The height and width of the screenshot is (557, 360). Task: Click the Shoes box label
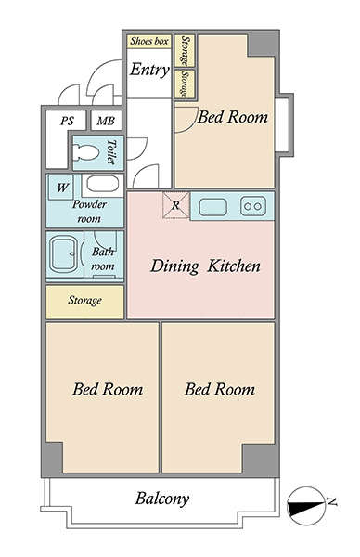click(x=149, y=41)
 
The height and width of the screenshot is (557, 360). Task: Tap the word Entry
click(x=149, y=70)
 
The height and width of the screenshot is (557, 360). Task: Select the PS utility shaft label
click(x=67, y=121)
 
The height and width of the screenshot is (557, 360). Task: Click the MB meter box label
click(x=106, y=121)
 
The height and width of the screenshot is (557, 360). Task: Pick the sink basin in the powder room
click(x=102, y=184)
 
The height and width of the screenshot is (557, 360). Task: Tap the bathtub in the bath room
click(x=63, y=255)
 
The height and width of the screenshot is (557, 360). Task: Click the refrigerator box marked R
click(x=175, y=205)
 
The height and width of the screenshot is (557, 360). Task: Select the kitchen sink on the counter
click(x=212, y=207)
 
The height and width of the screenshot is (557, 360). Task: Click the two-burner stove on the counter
click(x=252, y=206)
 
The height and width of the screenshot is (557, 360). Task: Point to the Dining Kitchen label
click(x=205, y=266)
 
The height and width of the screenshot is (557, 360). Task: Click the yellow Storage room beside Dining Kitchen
click(x=84, y=302)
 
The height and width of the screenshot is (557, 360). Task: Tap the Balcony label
click(x=161, y=499)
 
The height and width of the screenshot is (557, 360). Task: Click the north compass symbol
click(x=306, y=506)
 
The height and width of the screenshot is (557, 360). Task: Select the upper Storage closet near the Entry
click(x=185, y=50)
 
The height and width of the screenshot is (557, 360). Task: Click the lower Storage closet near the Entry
click(x=185, y=84)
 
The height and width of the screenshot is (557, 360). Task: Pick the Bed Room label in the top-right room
click(x=233, y=117)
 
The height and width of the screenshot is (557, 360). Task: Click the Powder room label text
click(x=89, y=212)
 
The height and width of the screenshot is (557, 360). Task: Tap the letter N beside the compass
click(x=331, y=501)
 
